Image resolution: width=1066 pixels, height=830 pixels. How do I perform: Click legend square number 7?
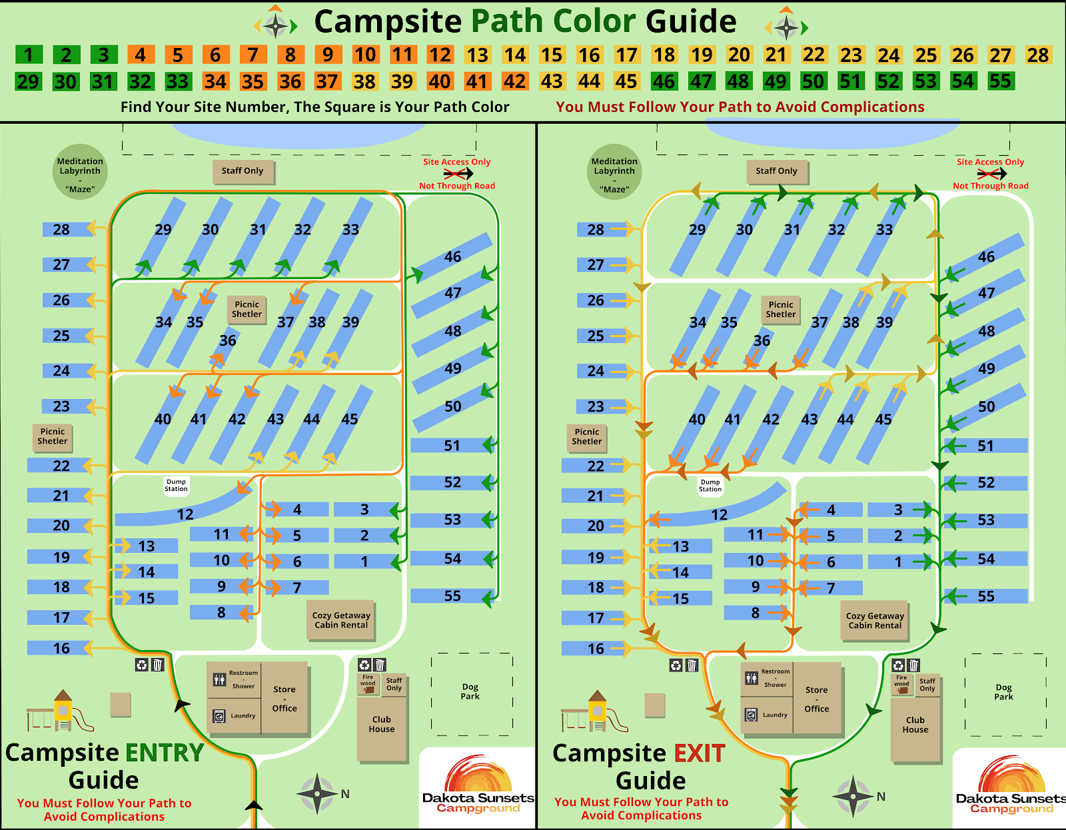click(x=253, y=55)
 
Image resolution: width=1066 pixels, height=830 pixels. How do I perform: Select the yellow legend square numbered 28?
click(x=1037, y=55)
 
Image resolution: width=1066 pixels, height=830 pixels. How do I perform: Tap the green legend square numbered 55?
click(x=1000, y=81)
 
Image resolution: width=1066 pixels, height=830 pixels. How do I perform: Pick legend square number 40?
click(x=439, y=81)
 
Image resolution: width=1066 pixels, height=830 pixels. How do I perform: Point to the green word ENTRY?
click(x=165, y=753)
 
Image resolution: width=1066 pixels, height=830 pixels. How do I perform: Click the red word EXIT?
click(x=700, y=753)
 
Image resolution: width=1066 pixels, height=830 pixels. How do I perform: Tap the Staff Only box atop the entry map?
click(x=243, y=171)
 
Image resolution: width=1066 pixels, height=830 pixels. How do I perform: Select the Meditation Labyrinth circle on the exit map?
click(x=614, y=172)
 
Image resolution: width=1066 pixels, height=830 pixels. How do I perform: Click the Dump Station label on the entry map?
click(x=176, y=485)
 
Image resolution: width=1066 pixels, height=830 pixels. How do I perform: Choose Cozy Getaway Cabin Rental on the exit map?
click(x=875, y=621)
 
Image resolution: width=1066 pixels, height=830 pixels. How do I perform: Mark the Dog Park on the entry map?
click(x=470, y=691)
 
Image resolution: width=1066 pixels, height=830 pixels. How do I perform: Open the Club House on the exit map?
click(x=915, y=725)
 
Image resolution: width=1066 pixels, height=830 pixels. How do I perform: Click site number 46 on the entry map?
click(x=453, y=256)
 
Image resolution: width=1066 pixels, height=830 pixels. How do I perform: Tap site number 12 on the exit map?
click(x=719, y=514)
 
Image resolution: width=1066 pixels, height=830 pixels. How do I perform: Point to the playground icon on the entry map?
click(x=60, y=711)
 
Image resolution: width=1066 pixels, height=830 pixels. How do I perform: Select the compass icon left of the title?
click(x=275, y=25)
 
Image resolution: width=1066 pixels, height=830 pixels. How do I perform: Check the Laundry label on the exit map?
click(x=775, y=715)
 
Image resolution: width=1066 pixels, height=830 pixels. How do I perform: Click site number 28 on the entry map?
click(x=61, y=230)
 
